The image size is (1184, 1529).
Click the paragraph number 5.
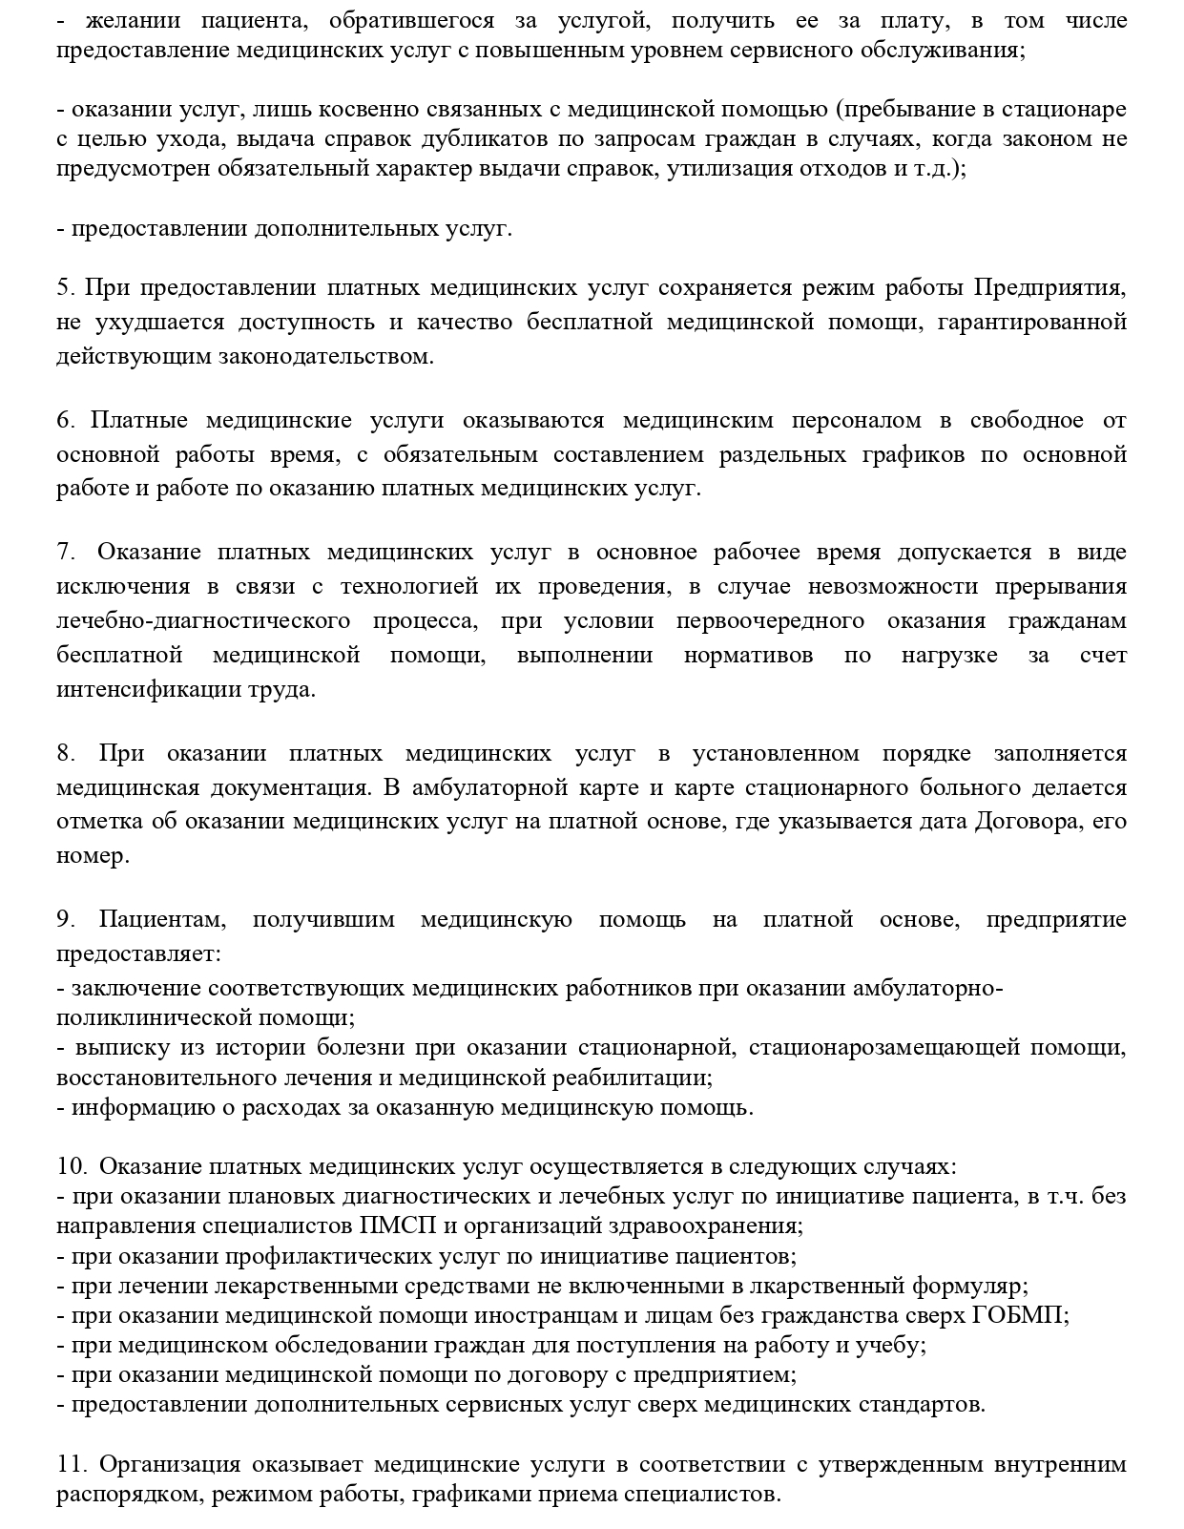(64, 287)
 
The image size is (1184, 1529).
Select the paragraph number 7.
(65, 553)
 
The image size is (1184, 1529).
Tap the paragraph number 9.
(65, 919)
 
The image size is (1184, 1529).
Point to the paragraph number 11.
(72, 1464)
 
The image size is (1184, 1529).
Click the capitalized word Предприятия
(1050, 287)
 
